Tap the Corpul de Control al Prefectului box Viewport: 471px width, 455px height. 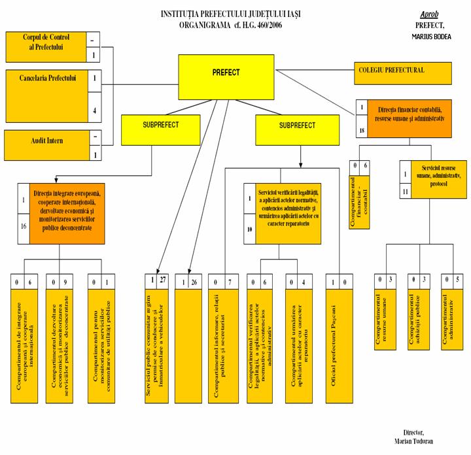46,46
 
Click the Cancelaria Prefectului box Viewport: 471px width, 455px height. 46,95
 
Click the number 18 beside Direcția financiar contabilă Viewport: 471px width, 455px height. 361,129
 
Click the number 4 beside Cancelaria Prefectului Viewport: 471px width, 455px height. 96,110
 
